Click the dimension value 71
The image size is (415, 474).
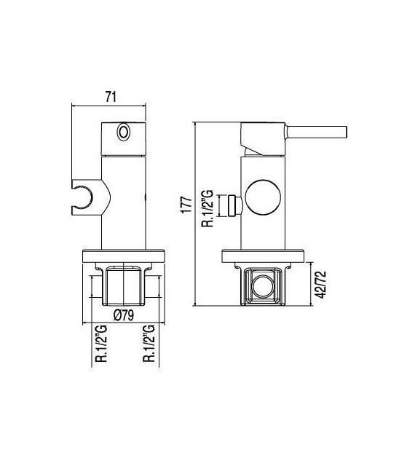click(111, 96)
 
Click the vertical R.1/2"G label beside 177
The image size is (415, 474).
click(207, 208)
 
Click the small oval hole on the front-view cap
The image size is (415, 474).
click(123, 133)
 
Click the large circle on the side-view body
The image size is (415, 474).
click(262, 196)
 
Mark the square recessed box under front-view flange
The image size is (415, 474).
click(122, 285)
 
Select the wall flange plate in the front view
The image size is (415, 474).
click(122, 256)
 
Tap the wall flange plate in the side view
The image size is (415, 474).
click(265, 256)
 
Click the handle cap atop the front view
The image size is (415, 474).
click(123, 138)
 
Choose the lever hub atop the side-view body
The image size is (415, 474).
click(264, 137)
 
